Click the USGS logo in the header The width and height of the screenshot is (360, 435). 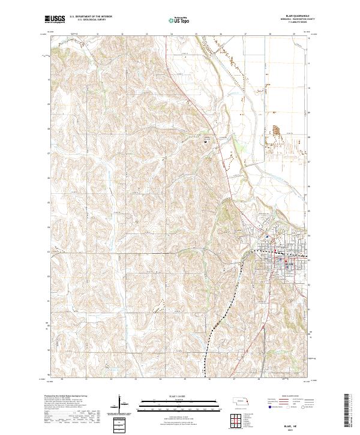[55, 20]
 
